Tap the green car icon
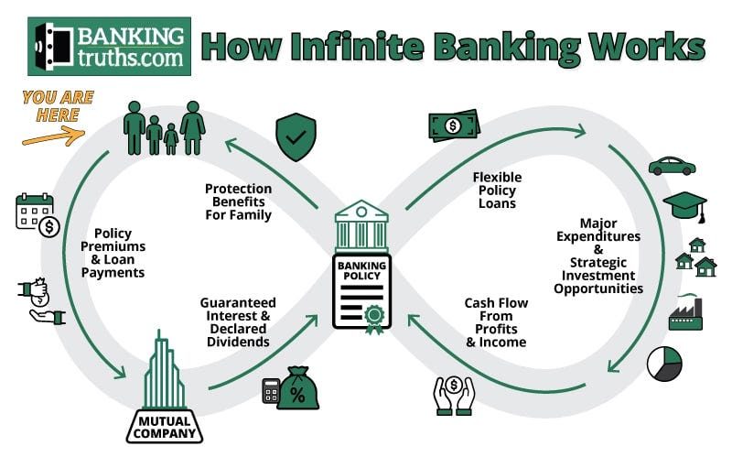(x=673, y=166)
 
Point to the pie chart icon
(x=665, y=364)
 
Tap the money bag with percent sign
(x=298, y=386)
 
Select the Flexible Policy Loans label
(x=495, y=190)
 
